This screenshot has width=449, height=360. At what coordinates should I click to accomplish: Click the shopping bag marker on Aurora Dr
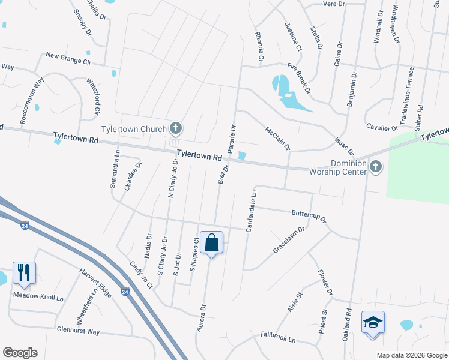point(211,243)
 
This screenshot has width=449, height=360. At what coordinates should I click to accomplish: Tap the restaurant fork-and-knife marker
point(24,272)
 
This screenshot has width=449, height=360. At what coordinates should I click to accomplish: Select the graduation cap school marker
point(373,322)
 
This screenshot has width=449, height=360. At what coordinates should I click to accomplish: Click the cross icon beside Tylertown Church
point(176,128)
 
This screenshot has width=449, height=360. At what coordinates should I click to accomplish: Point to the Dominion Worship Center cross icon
point(376,167)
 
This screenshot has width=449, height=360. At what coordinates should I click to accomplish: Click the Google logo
point(20,353)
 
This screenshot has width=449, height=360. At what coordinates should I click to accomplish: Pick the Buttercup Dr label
point(309,215)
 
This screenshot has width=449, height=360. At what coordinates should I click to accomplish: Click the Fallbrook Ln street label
point(278,339)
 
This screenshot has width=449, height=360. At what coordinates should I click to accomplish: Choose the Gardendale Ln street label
point(250,211)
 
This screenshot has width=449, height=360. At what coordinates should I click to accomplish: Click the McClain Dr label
point(278,138)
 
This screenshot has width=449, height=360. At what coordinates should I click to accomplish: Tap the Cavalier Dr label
point(382,127)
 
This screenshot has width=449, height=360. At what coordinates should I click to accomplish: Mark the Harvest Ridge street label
point(96,282)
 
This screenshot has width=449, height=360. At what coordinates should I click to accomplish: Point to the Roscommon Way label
point(32,101)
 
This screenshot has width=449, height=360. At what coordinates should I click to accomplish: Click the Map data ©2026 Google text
point(411,355)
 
